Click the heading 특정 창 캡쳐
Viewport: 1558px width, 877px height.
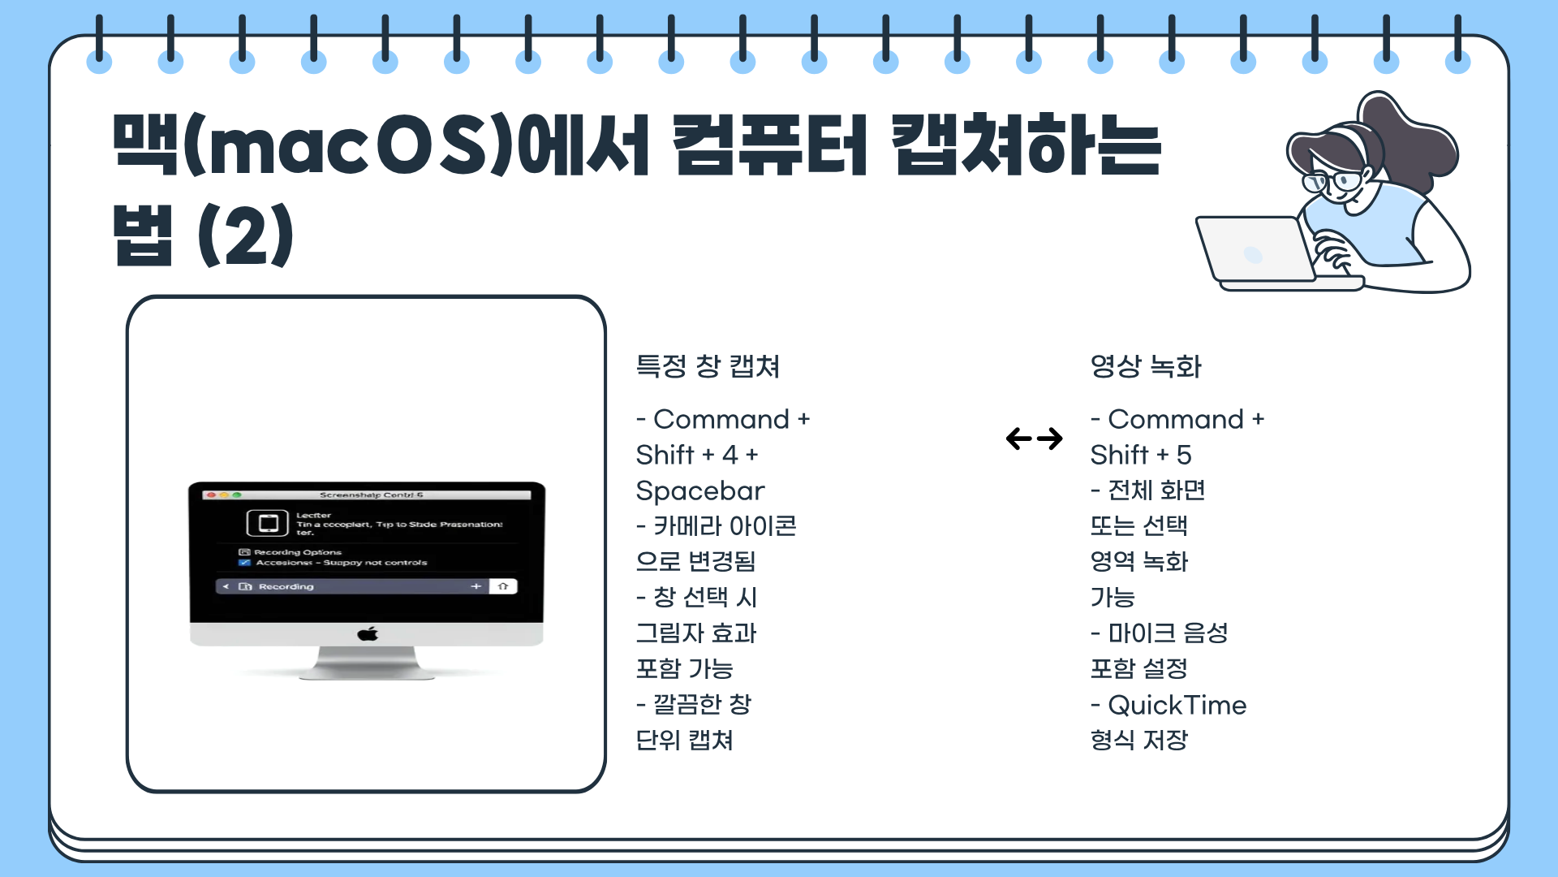(x=708, y=366)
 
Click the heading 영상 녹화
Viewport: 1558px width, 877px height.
(x=1145, y=366)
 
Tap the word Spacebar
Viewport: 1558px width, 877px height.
(x=700, y=490)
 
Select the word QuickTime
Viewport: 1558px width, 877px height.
(x=1177, y=705)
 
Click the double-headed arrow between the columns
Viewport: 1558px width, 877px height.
(x=1034, y=438)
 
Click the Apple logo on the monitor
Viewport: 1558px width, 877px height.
(x=368, y=634)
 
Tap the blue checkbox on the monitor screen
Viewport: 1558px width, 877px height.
(x=244, y=562)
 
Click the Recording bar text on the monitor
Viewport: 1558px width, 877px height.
(x=286, y=586)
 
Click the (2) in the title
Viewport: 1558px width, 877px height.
(x=245, y=235)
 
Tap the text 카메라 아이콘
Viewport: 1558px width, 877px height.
(x=725, y=526)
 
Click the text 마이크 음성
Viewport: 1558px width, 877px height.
(x=1168, y=633)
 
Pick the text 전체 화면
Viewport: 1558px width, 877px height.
(x=1156, y=490)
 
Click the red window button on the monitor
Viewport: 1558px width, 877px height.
(x=211, y=495)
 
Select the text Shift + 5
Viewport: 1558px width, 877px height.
(x=1140, y=455)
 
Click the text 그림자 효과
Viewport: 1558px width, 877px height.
(x=696, y=633)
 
